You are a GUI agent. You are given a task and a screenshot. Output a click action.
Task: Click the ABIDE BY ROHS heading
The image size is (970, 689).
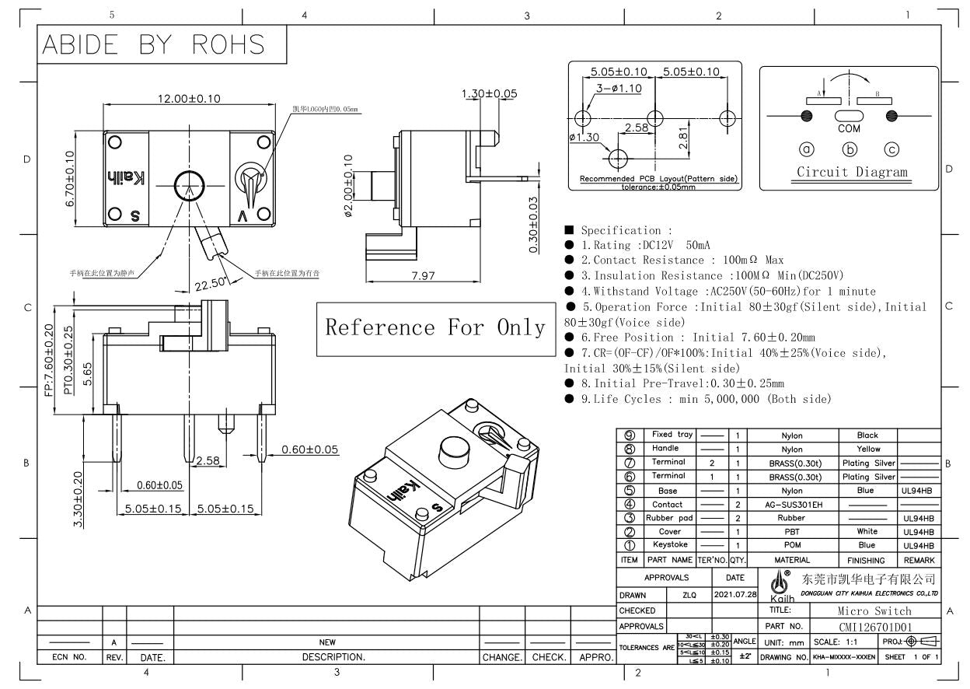tap(154, 44)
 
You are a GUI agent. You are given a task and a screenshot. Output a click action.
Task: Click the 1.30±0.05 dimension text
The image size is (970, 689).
tap(489, 93)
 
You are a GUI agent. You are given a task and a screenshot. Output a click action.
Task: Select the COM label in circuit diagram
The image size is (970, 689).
tap(849, 129)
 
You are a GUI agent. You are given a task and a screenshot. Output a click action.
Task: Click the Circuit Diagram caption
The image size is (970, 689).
tap(852, 172)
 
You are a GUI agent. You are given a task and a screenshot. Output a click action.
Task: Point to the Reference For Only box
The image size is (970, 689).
tap(434, 327)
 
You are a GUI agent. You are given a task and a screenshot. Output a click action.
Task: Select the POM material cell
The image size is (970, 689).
tap(791, 546)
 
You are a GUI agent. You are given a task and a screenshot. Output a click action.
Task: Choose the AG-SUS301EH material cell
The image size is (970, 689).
tap(791, 505)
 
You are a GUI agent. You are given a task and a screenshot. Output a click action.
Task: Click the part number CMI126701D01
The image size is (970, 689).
tap(876, 626)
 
